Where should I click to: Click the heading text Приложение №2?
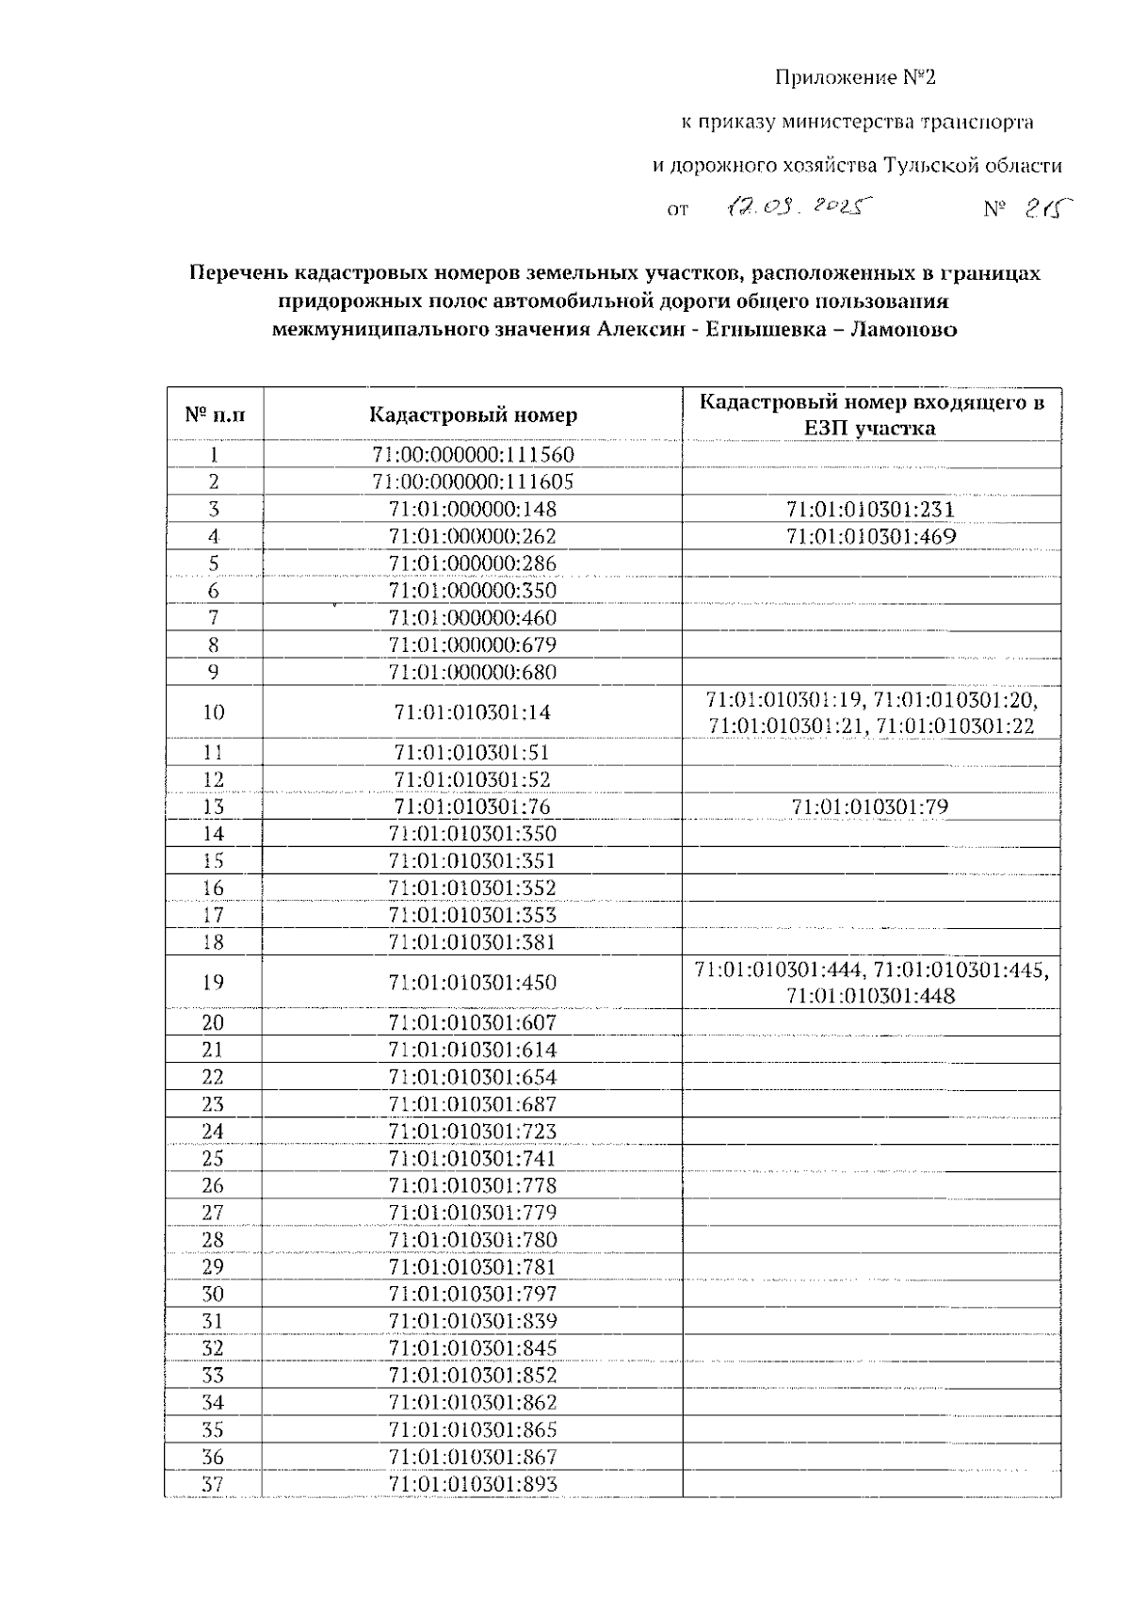click(856, 77)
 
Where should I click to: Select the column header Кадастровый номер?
click(473, 415)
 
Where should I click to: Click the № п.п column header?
click(215, 415)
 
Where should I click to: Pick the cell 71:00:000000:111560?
click(473, 455)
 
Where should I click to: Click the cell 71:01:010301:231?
click(871, 510)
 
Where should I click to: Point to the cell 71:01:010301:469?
click(871, 537)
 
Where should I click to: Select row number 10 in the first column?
click(214, 712)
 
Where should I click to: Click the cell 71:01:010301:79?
click(870, 807)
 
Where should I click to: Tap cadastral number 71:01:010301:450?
click(473, 983)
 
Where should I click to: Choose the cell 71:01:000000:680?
click(473, 673)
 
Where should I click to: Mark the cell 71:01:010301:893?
click(473, 1485)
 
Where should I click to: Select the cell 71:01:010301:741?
click(473, 1159)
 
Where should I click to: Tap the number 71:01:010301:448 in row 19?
click(871, 996)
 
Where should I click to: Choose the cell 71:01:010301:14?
click(473, 712)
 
